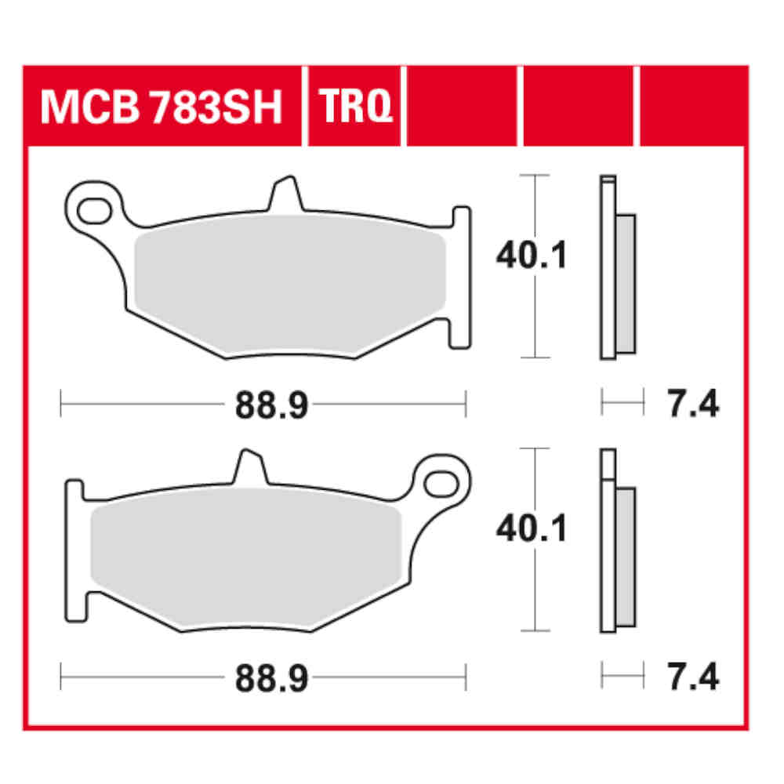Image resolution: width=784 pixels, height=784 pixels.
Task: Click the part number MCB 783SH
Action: [x=161, y=107]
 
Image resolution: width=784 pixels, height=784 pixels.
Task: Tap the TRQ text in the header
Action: [x=354, y=107]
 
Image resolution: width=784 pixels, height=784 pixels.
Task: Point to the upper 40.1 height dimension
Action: [x=531, y=257]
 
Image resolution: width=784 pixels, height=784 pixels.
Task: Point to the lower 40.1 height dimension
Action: [x=531, y=530]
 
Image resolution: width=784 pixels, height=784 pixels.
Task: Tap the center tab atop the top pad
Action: [x=285, y=196]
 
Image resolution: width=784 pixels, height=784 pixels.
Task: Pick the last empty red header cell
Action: [x=693, y=107]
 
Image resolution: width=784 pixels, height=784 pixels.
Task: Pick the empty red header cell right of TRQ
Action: [x=462, y=107]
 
